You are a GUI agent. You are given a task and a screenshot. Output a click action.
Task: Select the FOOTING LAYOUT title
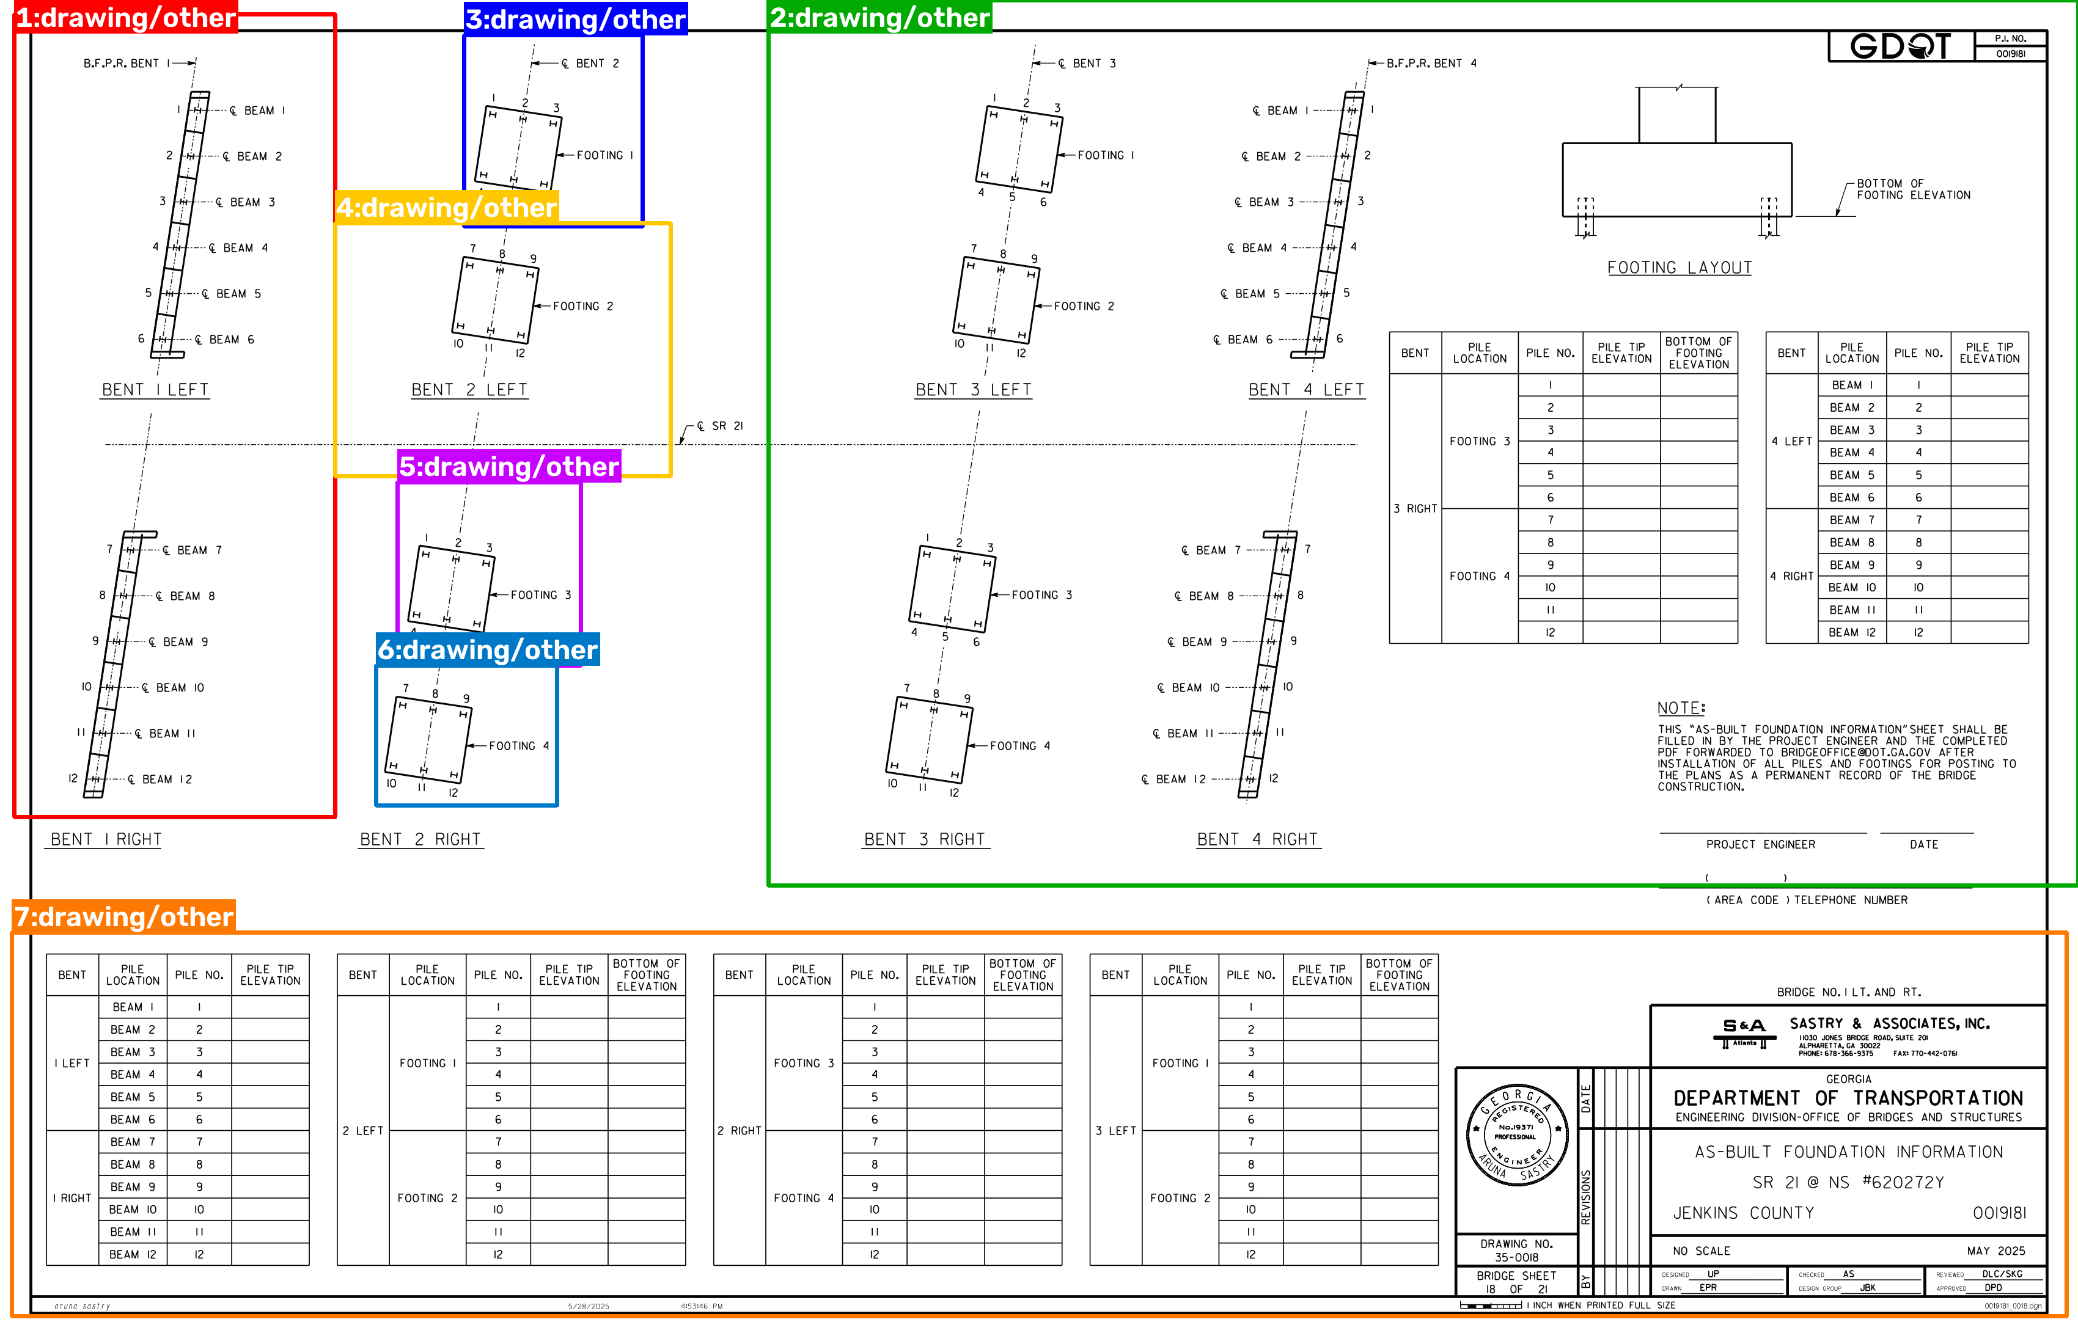point(1679,268)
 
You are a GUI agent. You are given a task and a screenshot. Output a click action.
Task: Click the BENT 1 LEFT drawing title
point(155,390)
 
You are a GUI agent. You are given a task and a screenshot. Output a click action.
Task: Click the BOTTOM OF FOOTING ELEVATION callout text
point(1913,189)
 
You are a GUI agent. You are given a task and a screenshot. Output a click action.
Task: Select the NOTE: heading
point(1681,708)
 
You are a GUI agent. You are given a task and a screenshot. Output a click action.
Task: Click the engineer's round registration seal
point(1518,1136)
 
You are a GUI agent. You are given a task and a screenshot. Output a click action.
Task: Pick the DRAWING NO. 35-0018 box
point(1516,1251)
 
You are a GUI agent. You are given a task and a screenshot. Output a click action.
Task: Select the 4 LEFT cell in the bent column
point(1791,442)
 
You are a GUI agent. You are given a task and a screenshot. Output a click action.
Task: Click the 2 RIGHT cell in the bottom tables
point(740,1130)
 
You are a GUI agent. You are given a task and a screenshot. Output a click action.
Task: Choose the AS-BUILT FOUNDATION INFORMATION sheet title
point(1848,1152)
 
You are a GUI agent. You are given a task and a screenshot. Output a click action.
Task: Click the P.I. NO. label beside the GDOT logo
point(2010,38)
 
